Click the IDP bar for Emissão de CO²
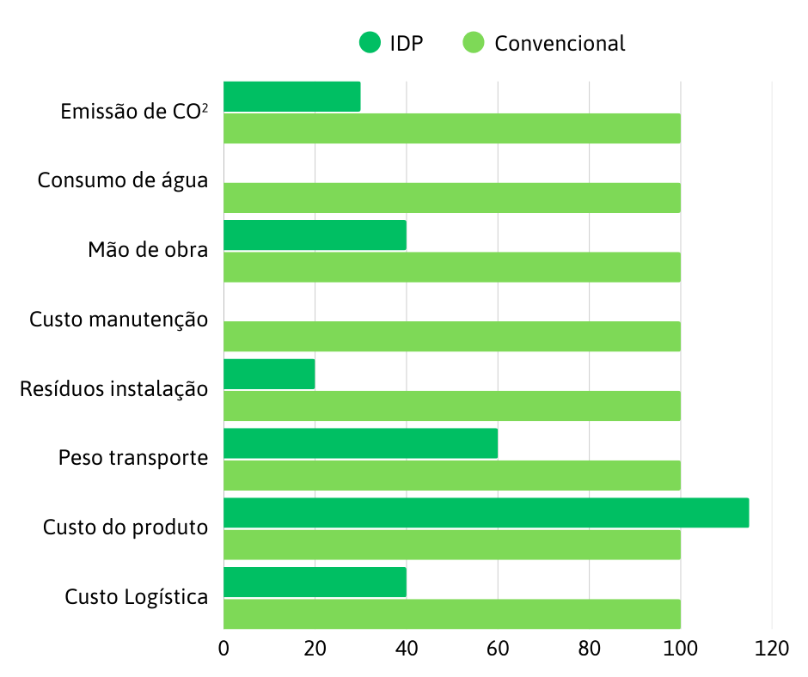tap(291, 96)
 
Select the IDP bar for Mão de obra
tap(315, 235)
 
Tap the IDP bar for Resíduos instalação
tap(269, 374)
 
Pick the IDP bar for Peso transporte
tap(360, 443)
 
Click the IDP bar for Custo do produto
tap(486, 513)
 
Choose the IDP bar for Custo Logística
tap(315, 582)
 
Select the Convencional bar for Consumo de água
tap(451, 198)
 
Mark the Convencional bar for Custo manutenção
tap(451, 336)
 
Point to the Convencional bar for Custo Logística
tap(451, 613)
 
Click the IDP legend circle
tap(370, 42)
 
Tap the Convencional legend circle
tap(474, 42)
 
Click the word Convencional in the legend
tap(560, 43)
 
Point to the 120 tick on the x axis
tap(772, 650)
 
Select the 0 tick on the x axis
tap(223, 650)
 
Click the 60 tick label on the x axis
tap(498, 650)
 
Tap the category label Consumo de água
tap(123, 181)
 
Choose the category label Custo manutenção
tap(119, 320)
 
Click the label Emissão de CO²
tap(135, 112)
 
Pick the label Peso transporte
tap(133, 458)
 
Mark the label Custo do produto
tap(125, 527)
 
